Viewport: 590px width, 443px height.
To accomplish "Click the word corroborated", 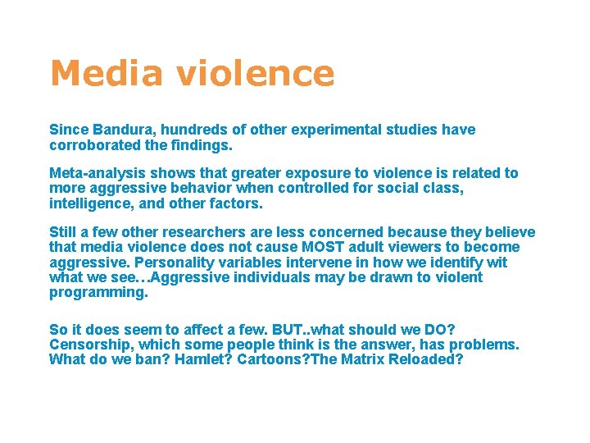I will coord(97,144).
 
